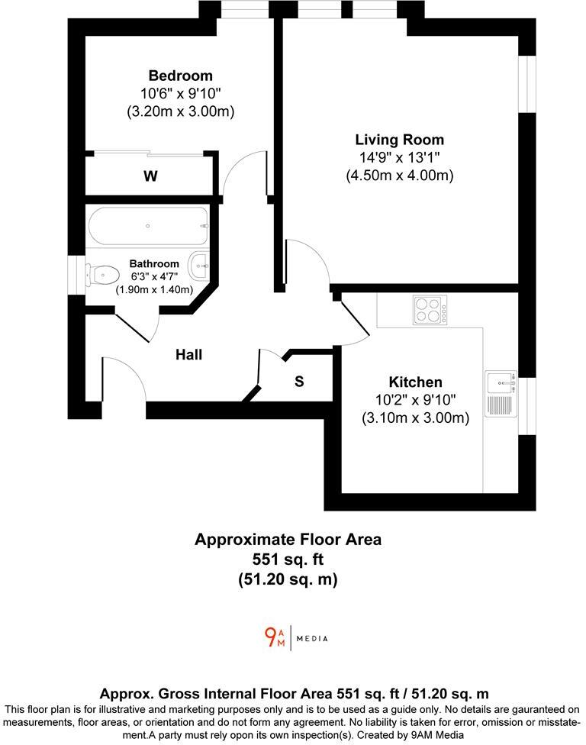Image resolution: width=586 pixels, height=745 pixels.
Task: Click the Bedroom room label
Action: point(180,76)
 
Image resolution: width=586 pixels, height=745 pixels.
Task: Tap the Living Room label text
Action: point(399,140)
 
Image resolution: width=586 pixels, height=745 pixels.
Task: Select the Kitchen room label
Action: point(415,382)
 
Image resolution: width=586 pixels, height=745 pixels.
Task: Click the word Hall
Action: point(188,354)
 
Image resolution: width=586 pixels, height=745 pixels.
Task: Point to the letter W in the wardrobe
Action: point(150,176)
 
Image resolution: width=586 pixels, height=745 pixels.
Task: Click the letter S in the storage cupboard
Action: point(299,382)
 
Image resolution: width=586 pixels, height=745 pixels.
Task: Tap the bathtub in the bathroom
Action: point(148,226)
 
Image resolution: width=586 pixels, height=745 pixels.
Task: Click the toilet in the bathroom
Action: point(103,273)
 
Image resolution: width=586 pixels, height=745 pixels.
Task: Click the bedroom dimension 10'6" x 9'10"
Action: point(180,93)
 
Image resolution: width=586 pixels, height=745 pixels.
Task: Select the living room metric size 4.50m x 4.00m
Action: point(399,175)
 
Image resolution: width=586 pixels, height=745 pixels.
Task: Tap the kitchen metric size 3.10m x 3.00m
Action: point(415,418)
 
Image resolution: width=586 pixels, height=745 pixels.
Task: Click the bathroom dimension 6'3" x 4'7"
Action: point(154,277)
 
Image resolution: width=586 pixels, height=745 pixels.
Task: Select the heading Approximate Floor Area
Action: point(288,540)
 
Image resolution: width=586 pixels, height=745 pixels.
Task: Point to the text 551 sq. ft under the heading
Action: point(288,560)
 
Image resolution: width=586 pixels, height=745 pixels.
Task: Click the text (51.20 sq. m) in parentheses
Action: point(288,579)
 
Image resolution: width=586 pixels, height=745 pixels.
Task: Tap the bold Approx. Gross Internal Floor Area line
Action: point(294,693)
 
